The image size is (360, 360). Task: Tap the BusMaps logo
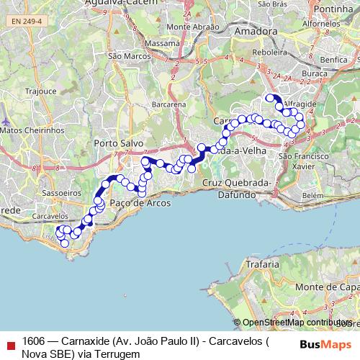(x=325, y=343)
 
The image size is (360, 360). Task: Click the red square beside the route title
(x=9, y=344)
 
